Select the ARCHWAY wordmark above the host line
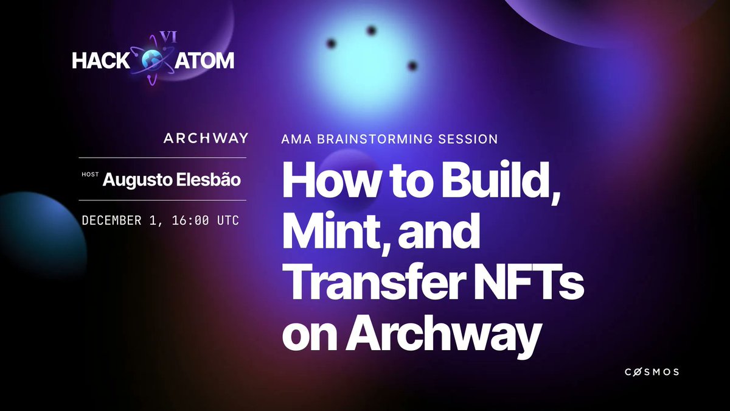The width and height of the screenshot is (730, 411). (x=206, y=138)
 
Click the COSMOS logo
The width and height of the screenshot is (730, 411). (x=652, y=372)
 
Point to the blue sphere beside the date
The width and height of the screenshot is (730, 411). (x=40, y=231)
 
